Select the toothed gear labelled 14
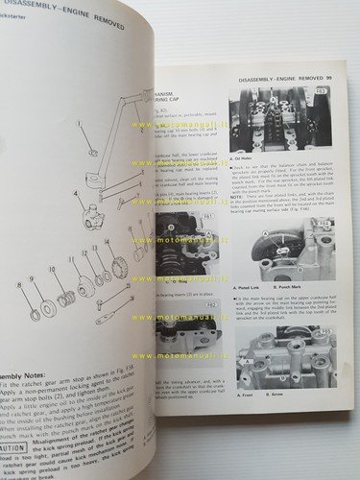tap(119, 263)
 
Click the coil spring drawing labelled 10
tap(67, 301)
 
